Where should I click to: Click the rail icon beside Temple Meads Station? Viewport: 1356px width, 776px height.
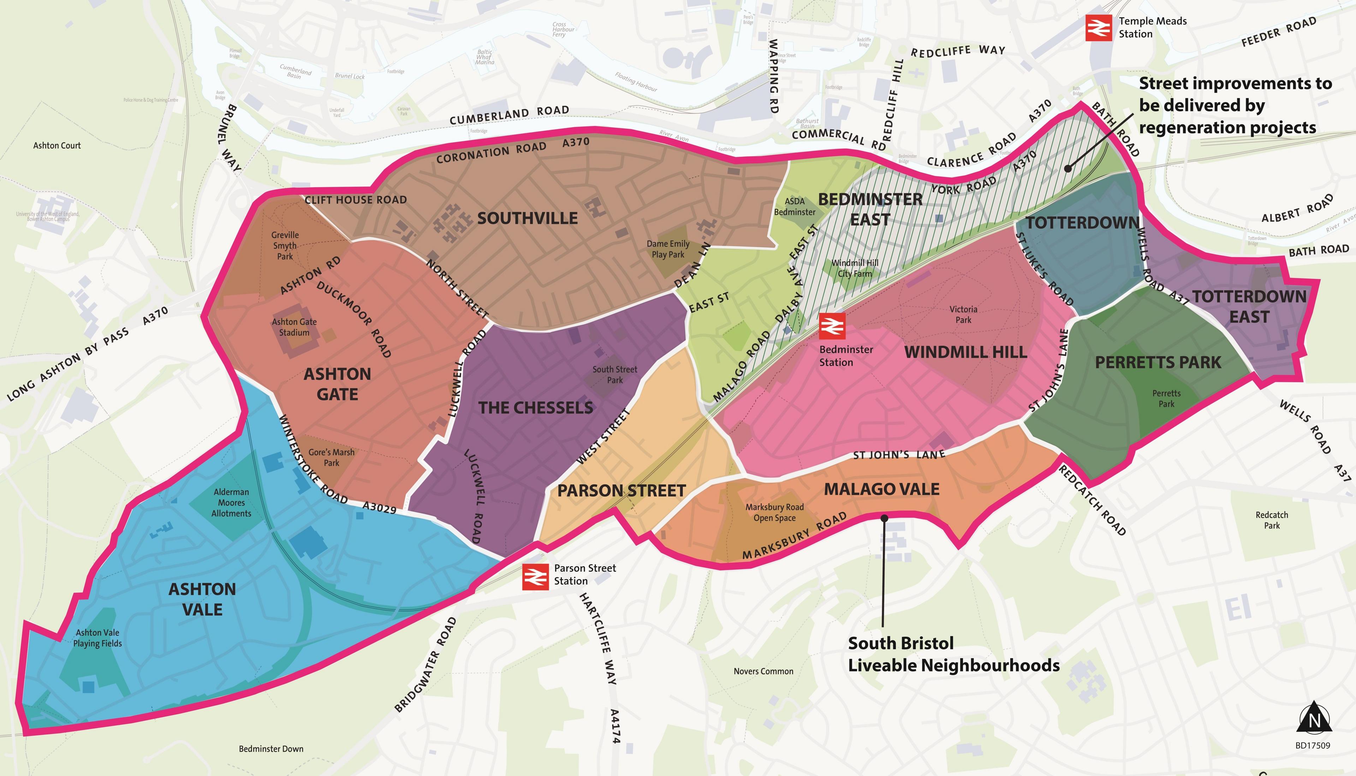click(x=1099, y=28)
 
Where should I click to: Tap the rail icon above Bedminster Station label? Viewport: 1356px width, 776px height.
click(x=832, y=326)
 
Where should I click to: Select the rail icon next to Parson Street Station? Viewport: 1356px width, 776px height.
click(x=535, y=577)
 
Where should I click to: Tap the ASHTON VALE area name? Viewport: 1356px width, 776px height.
click(x=202, y=599)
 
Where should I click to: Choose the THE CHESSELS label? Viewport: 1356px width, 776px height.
click(x=535, y=408)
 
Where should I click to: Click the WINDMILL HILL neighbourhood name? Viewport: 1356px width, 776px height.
click(x=965, y=352)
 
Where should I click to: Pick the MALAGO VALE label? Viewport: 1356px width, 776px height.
click(x=881, y=489)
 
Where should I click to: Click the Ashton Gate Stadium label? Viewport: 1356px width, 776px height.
click(x=294, y=327)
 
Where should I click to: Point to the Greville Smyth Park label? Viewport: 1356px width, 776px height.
click(x=285, y=246)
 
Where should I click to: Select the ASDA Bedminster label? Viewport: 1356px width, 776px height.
click(x=795, y=206)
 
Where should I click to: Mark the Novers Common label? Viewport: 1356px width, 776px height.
click(x=763, y=671)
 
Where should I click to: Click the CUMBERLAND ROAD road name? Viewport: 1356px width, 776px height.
click(x=509, y=114)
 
